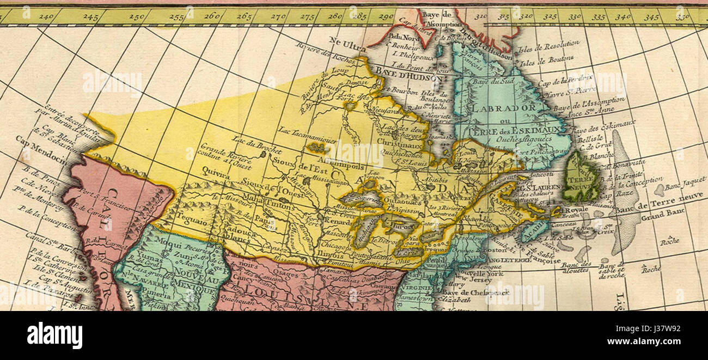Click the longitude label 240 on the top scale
46,17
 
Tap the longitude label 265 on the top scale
245,17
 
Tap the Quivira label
213,169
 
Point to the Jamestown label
414,298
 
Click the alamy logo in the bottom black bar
54,335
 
